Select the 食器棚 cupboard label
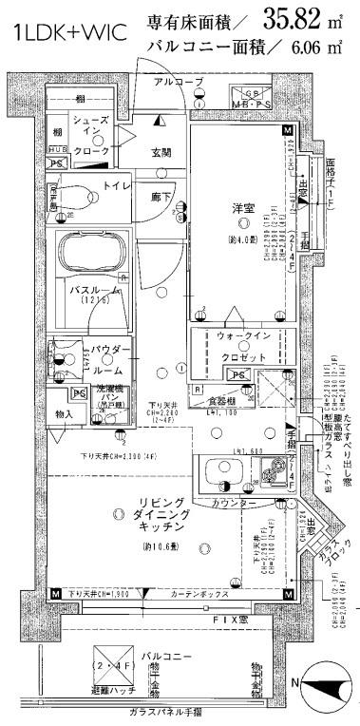(222, 402)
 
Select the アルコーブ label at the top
(179, 83)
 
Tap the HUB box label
(57, 150)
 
